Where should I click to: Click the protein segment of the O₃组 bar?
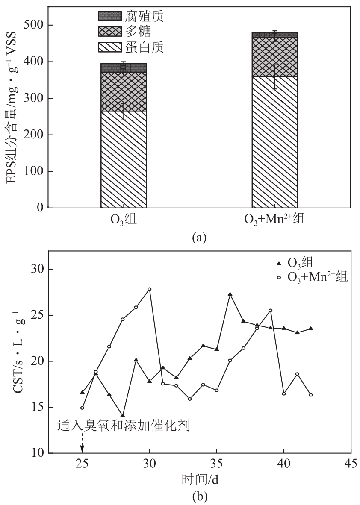[124, 160]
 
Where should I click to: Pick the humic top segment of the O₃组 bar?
[124, 68]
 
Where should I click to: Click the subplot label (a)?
[199, 238]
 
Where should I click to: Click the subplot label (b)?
[199, 496]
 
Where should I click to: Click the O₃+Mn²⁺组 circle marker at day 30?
[150, 289]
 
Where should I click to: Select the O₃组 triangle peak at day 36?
[230, 294]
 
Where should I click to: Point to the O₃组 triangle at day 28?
[123, 415]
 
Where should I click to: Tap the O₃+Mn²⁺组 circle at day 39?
[270, 311]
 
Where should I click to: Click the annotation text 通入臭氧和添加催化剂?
[123, 426]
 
